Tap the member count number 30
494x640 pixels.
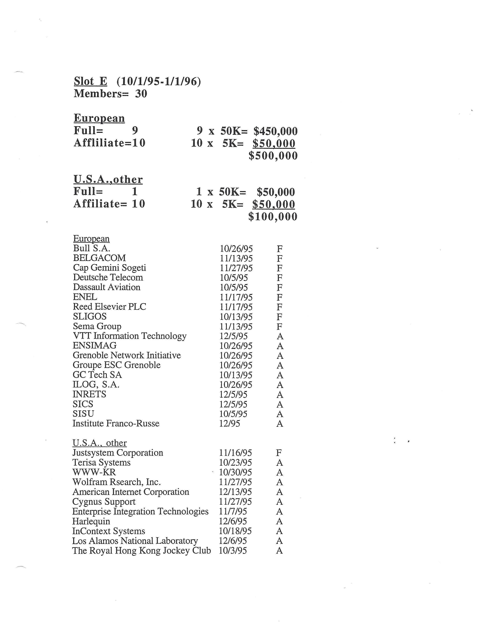[141, 94]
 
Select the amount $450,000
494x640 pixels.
[275, 131]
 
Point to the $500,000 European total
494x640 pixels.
[273, 156]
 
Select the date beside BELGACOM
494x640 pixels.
[236, 258]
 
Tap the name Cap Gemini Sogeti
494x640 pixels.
[109, 268]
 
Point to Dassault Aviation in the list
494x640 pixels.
[107, 287]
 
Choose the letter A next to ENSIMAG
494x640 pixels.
[280, 346]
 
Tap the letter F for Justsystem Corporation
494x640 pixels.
[279, 453]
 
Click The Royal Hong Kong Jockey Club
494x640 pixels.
[142, 551]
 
